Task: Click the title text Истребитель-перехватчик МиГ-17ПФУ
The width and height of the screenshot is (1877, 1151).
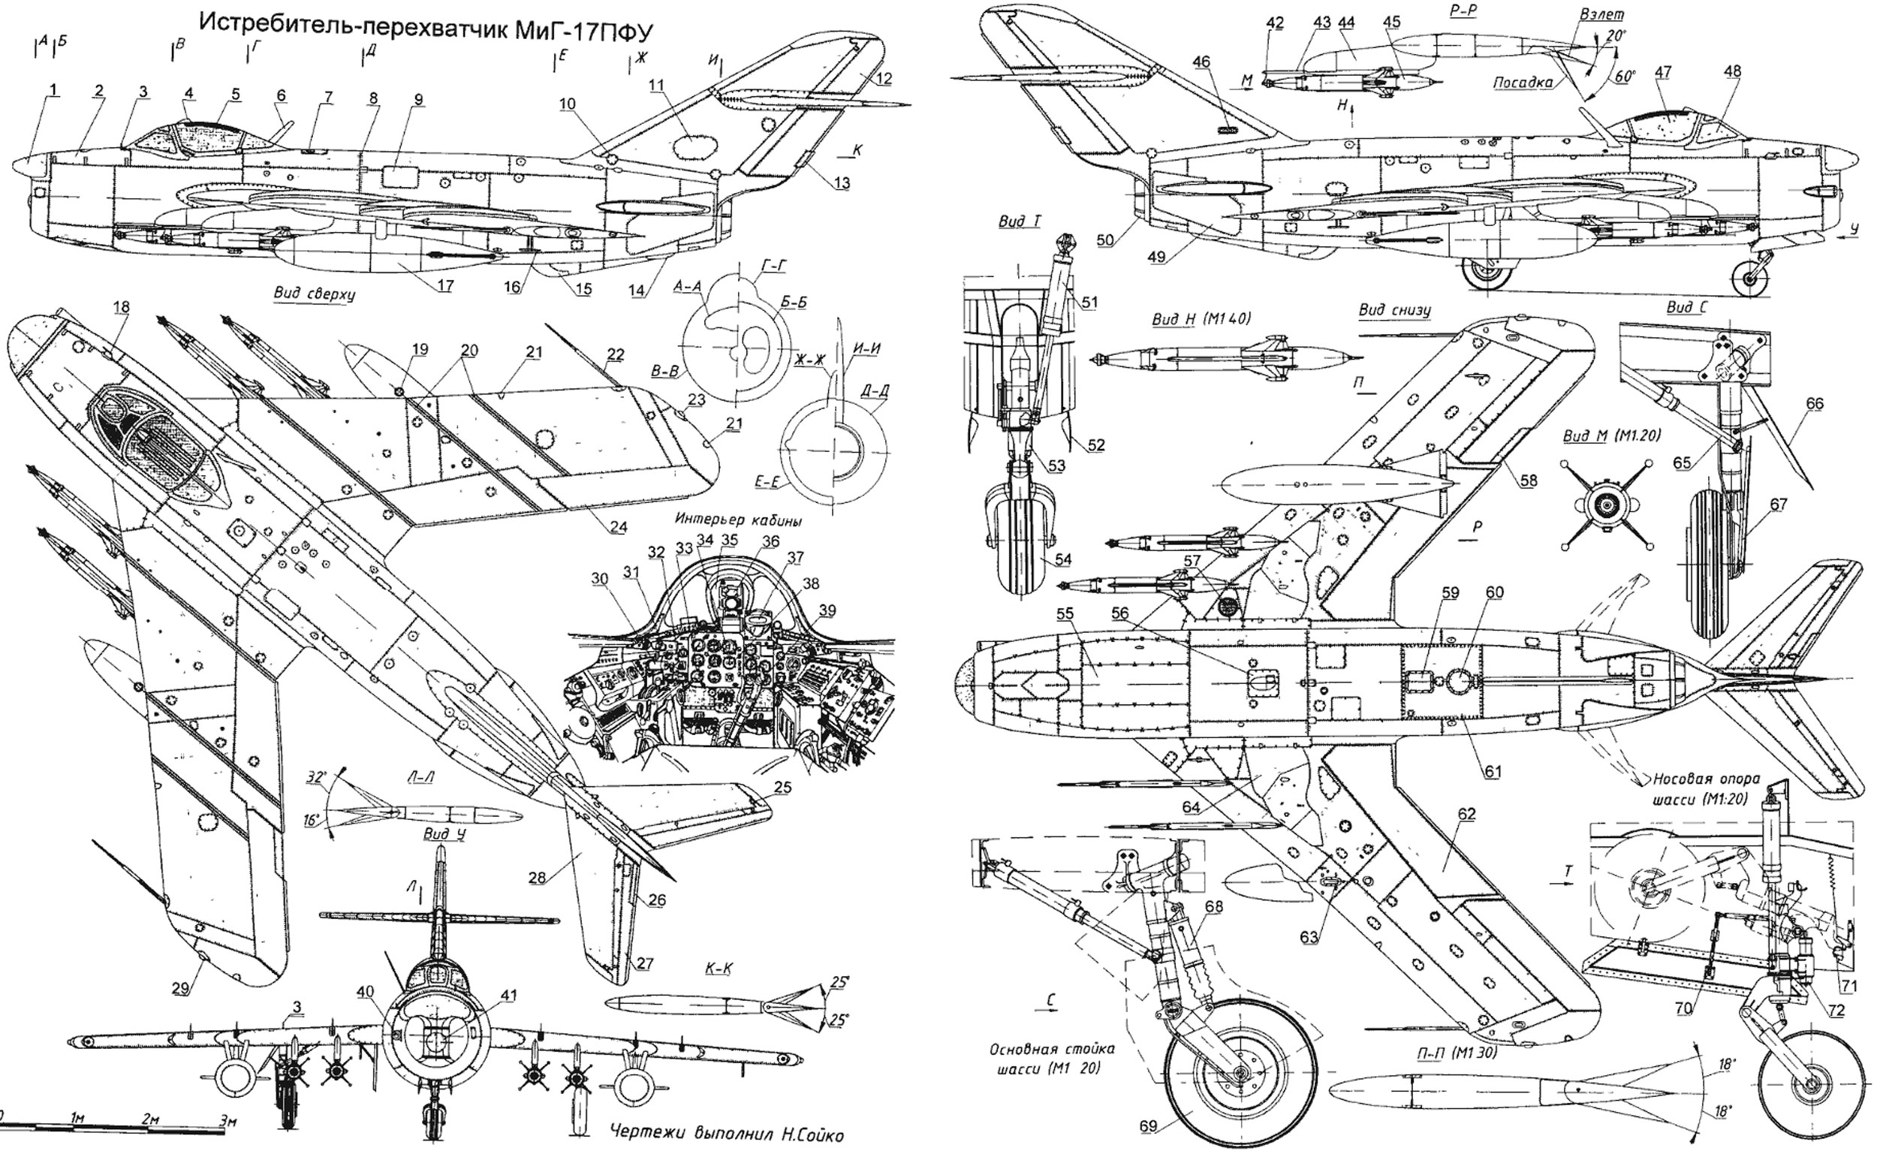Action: coord(426,24)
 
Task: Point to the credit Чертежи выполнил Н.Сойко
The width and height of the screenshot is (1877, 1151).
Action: coord(726,1134)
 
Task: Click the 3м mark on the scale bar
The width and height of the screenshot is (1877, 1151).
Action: coord(227,1119)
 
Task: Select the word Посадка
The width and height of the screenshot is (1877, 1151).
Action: coord(1528,83)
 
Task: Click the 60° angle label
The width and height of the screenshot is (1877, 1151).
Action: coord(1624,77)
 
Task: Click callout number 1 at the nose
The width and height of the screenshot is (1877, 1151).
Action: coord(53,90)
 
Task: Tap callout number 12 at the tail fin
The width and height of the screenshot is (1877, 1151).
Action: coord(883,77)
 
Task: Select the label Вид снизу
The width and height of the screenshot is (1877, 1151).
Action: coord(1394,310)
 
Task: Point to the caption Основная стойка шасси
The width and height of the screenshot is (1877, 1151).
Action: coord(1044,1057)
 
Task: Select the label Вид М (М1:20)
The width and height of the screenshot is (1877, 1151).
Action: coord(1611,435)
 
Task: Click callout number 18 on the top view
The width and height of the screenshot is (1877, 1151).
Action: coord(121,306)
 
